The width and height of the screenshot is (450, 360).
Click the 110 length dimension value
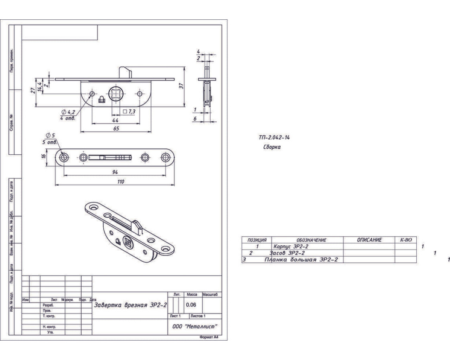point(121,182)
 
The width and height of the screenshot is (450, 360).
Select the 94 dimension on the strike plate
point(115,172)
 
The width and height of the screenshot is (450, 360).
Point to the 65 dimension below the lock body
point(116,128)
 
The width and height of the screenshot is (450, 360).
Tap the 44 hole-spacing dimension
point(115,120)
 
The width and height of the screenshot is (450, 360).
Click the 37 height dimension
point(181,86)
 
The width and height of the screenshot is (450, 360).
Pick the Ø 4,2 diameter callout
point(68,112)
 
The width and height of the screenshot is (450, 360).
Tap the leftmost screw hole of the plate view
point(64,157)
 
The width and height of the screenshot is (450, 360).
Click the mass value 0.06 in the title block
point(191,305)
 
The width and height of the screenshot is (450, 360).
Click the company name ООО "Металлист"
point(195,326)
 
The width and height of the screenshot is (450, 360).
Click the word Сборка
point(272,147)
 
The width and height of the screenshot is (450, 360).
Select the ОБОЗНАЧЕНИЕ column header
point(309,240)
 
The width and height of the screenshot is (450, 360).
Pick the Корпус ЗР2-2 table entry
point(290,246)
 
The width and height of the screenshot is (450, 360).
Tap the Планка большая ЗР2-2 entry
point(301,260)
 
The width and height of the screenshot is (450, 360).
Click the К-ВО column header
point(406,240)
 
